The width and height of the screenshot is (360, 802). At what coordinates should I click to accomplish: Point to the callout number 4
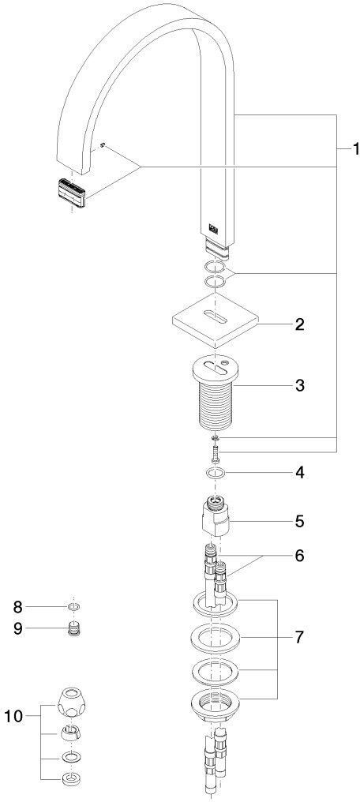click(299, 473)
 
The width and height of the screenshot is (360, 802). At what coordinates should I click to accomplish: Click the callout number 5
click(299, 522)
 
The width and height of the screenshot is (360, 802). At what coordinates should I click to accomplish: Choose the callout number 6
click(299, 555)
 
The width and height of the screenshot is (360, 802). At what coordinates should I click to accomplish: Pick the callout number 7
click(299, 637)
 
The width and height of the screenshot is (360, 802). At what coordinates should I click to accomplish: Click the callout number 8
click(18, 607)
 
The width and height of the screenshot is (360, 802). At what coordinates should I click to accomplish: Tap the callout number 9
click(18, 628)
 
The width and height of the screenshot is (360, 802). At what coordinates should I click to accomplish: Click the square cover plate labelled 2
click(215, 319)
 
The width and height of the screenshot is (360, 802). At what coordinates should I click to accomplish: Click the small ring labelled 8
click(74, 607)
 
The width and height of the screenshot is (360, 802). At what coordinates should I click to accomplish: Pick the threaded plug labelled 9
click(75, 628)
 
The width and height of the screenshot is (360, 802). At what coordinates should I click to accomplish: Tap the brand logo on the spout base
click(213, 229)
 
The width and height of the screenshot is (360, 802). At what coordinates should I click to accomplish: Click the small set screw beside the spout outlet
click(103, 146)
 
